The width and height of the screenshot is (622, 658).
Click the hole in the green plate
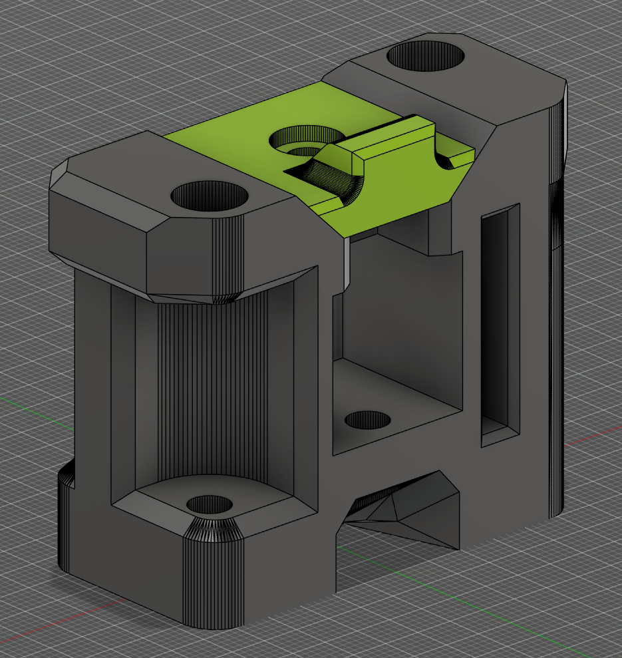(299, 142)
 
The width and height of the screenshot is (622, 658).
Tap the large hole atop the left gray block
(210, 197)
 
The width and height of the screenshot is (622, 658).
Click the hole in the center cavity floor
(367, 420)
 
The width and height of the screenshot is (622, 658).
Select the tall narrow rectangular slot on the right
(499, 326)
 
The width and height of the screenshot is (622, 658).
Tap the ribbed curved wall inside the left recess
(213, 386)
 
